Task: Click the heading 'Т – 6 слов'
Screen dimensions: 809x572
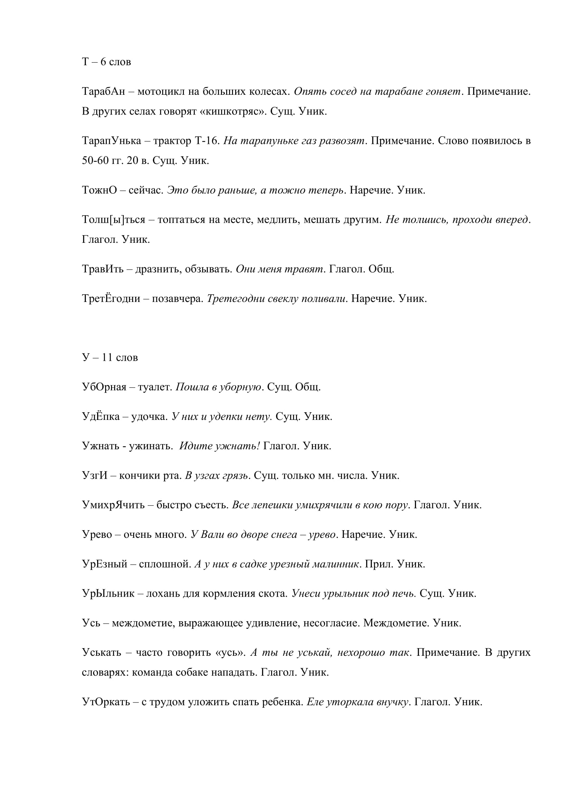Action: coord(107,62)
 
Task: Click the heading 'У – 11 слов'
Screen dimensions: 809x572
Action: coord(110,358)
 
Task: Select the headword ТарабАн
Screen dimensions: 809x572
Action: coord(103,92)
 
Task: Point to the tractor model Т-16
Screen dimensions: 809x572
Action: coord(207,141)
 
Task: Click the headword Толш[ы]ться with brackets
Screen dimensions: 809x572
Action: coord(113,220)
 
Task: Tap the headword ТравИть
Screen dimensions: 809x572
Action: coord(102,269)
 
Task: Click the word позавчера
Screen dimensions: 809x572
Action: coord(177,299)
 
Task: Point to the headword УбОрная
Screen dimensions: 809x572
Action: coord(104,387)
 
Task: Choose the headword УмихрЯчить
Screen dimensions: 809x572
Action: coord(113,505)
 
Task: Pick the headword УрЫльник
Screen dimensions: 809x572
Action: coord(108,594)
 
